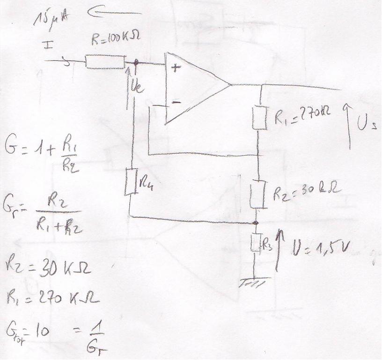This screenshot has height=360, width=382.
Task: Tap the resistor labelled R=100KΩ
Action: tap(105, 62)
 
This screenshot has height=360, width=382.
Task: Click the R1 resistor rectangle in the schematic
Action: tap(259, 118)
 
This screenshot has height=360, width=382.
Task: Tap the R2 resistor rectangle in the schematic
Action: tap(257, 195)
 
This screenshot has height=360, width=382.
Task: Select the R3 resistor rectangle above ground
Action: tap(255, 243)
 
